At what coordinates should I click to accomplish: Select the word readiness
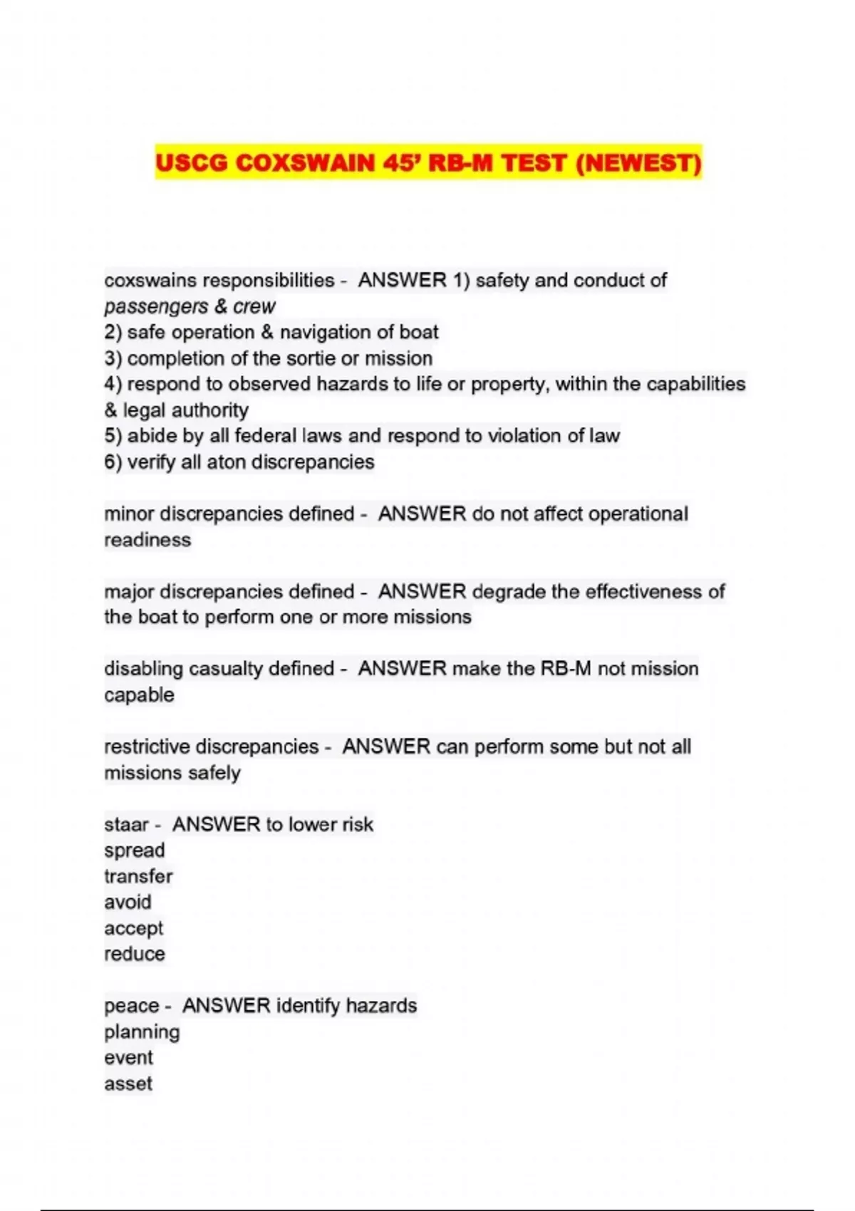pos(147,540)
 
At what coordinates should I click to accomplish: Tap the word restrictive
pos(147,747)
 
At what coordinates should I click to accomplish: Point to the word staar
pos(126,825)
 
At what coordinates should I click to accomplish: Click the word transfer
pos(138,876)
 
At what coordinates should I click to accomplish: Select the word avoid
pos(128,903)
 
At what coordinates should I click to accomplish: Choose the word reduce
pos(135,954)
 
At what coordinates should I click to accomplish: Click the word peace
pos(131,1006)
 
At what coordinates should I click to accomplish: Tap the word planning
pos(142,1032)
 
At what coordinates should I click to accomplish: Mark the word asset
pos(128,1084)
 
